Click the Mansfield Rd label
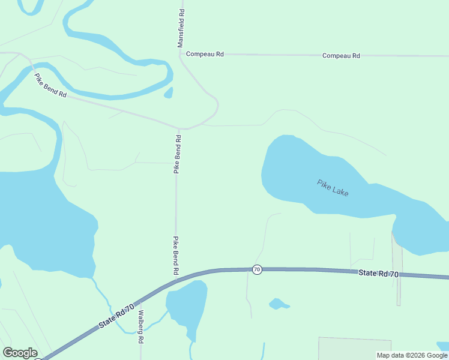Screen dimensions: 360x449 tap(181, 28)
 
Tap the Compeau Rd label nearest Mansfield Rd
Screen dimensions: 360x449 tap(205, 54)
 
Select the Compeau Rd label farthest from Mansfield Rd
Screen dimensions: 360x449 tap(341, 56)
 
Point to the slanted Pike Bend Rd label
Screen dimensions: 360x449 tap(50, 86)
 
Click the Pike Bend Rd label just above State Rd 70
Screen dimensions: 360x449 tap(176, 256)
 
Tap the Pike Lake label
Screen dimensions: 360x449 tap(333, 187)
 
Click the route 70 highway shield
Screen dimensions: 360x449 tap(257, 269)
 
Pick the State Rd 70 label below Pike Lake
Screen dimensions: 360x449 tap(378, 273)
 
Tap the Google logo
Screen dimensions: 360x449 tap(20, 353)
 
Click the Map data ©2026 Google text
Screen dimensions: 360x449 tap(412, 355)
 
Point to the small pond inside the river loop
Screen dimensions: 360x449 tap(169, 92)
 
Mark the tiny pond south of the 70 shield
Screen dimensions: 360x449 tap(279, 304)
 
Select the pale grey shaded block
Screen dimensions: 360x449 tap(354, 348)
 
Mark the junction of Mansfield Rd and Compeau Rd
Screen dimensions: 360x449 tap(180, 54)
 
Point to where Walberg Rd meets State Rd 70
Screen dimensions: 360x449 tap(134, 304)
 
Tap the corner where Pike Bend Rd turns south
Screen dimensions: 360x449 tap(178, 129)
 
